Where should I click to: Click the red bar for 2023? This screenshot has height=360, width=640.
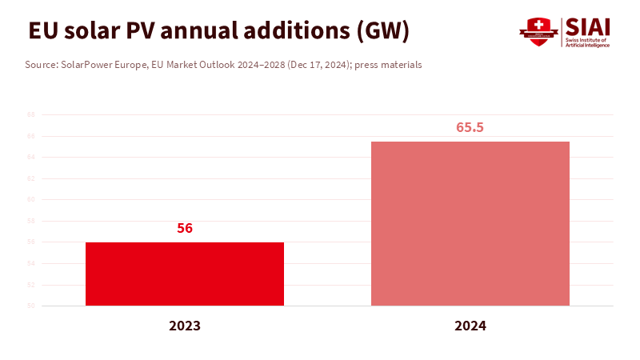tap(185, 274)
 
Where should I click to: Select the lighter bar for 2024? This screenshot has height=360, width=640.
tap(470, 223)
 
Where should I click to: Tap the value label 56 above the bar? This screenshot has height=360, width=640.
tap(185, 228)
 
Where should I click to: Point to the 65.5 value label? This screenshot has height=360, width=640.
tap(470, 127)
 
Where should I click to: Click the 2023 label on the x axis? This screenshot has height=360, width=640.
tap(185, 326)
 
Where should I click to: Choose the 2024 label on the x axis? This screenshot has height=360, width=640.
tap(470, 326)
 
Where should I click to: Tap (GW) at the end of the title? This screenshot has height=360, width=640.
tap(383, 31)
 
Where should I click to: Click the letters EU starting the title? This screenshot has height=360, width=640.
tap(42, 31)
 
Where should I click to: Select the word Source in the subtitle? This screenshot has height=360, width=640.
tap(41, 65)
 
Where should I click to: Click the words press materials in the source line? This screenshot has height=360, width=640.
tap(390, 65)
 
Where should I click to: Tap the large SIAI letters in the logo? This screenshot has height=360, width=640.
tap(588, 26)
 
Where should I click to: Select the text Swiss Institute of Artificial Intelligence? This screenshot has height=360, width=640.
tap(588, 42)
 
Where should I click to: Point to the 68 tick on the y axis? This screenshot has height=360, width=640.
tap(31, 114)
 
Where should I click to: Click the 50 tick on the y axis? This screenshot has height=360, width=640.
tap(31, 306)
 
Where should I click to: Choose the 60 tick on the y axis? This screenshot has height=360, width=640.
tap(31, 199)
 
